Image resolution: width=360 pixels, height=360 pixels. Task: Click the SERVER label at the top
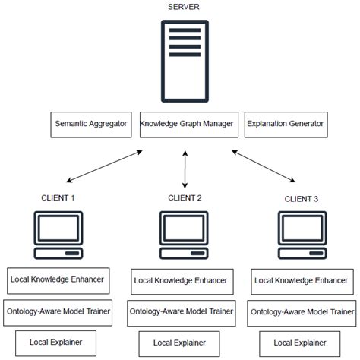point(184,7)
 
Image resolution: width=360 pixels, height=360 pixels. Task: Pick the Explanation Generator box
point(286,124)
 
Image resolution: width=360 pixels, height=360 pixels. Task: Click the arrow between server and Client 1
point(105,166)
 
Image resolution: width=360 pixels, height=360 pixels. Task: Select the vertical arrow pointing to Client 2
point(185,169)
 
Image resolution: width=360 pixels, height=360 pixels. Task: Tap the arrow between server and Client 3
point(264,166)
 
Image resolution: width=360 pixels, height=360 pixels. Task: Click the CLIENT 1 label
point(58,198)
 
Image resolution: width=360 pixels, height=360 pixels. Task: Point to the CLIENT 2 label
point(185,198)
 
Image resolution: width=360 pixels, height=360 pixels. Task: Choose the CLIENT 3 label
point(302,199)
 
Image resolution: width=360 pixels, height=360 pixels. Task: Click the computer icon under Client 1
point(58,233)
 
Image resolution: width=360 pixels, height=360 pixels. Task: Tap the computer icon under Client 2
point(184,233)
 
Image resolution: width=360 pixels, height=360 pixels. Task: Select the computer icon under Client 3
point(301,233)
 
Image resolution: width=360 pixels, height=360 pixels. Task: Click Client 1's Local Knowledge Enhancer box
point(58,280)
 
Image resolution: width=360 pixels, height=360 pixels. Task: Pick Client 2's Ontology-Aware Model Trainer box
point(182,311)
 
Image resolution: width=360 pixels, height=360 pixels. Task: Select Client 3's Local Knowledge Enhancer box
point(302,280)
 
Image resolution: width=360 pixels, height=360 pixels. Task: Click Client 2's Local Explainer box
point(182,343)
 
